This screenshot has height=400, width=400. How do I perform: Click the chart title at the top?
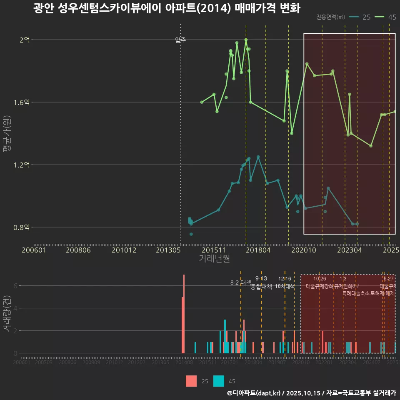167,8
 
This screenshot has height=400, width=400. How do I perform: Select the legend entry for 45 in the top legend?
385,17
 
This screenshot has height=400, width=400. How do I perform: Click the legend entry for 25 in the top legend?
360,17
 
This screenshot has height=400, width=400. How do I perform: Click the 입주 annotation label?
180,40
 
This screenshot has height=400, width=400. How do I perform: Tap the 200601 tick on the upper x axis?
34,250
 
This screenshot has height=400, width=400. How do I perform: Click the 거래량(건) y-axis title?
7,314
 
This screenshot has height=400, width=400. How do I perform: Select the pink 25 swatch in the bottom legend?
191,381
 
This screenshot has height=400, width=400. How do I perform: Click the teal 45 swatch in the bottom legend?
219,381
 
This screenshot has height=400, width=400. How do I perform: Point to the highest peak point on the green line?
246,40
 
